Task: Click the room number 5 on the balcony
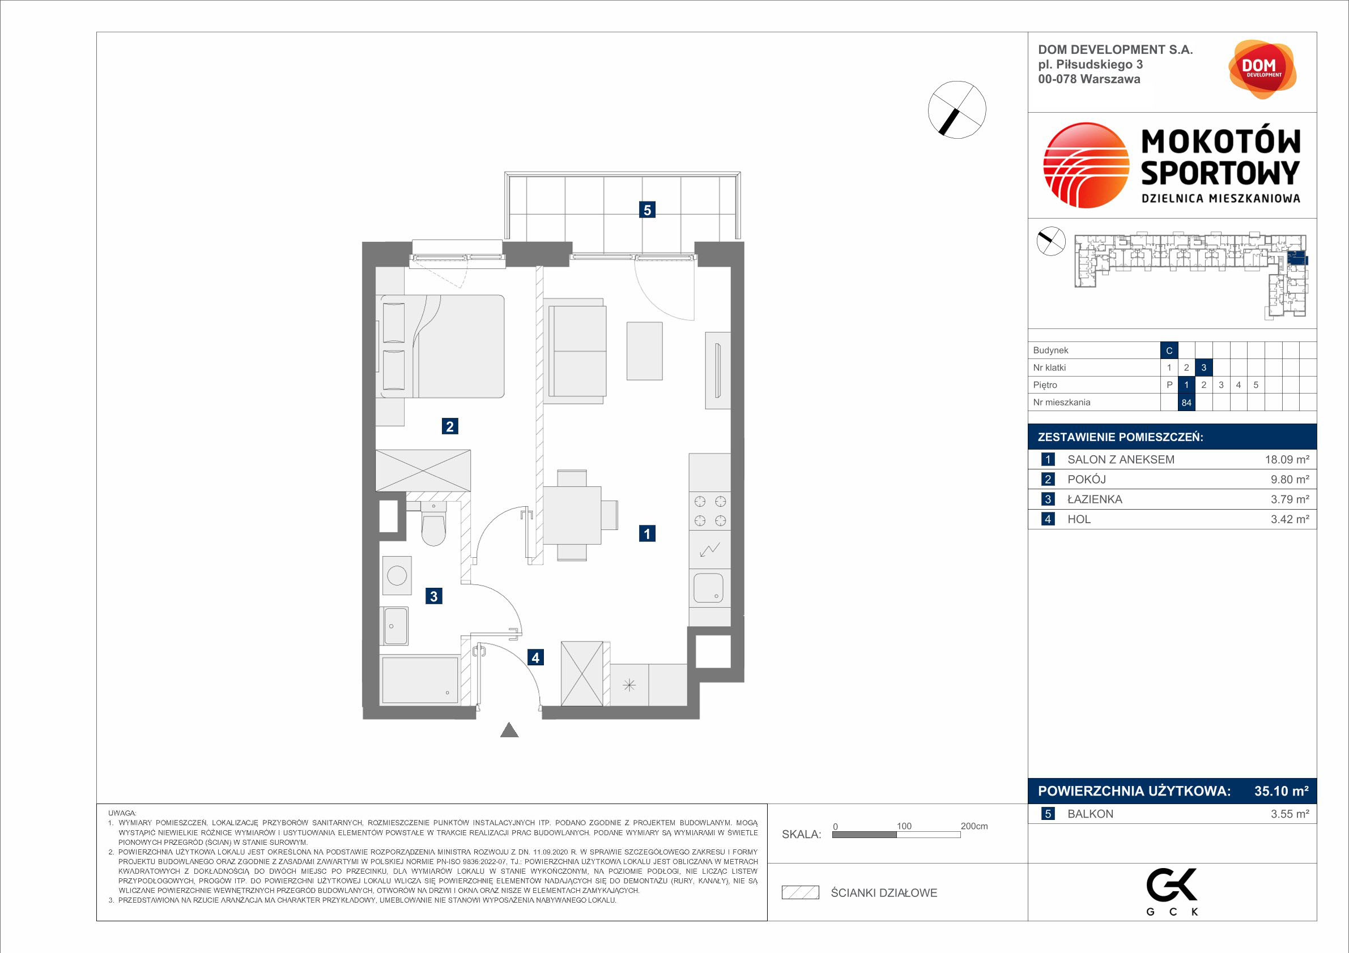point(647,210)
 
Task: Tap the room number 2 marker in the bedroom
point(449,426)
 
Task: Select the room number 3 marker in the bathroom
point(433,597)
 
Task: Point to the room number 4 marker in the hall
point(535,657)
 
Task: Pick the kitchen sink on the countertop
point(709,588)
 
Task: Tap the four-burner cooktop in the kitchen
point(710,511)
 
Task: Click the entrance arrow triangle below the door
point(509,730)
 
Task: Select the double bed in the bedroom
point(440,347)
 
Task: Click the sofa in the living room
point(575,351)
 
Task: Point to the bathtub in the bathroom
point(419,680)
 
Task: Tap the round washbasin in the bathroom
point(397,575)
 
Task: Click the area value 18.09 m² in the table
point(1287,460)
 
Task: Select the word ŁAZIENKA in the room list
point(1095,499)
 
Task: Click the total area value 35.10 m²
point(1282,791)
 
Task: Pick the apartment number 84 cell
point(1186,403)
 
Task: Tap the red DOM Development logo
point(1262,69)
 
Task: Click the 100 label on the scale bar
point(904,826)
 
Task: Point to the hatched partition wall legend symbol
point(800,892)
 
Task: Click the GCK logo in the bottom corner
point(1172,890)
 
